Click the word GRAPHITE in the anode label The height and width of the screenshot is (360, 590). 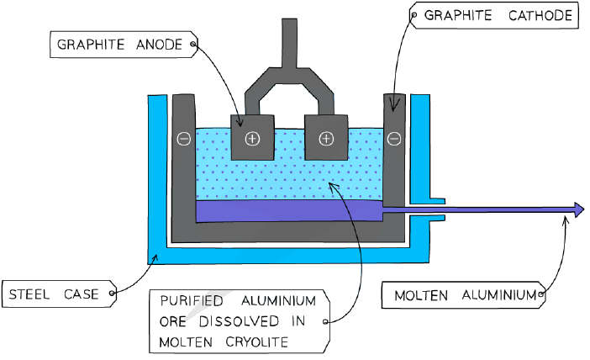click(90, 45)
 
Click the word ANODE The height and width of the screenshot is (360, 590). click(159, 45)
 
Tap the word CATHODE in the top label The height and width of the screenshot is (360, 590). click(540, 15)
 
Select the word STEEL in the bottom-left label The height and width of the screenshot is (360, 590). click(29, 294)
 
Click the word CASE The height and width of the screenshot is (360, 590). click(81, 294)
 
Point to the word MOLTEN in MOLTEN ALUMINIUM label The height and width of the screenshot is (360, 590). click(421, 295)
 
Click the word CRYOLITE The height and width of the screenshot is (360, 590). click(257, 342)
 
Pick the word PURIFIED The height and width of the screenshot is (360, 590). click(192, 301)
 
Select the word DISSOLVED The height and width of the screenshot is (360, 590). click(239, 321)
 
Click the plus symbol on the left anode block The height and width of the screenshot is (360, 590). click(252, 139)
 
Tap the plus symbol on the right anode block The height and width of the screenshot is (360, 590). click(326, 139)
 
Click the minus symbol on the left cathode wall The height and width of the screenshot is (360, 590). click(183, 139)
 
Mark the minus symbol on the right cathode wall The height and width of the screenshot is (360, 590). click(394, 139)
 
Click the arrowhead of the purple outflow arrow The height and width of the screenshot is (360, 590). click(579, 209)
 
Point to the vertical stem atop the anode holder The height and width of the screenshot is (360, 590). click(289, 43)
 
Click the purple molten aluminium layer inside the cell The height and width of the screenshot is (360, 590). click(289, 211)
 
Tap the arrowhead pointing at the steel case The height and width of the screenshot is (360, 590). click(155, 257)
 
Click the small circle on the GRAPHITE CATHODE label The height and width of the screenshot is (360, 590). click(414, 15)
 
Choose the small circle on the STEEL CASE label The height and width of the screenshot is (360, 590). click(112, 293)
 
